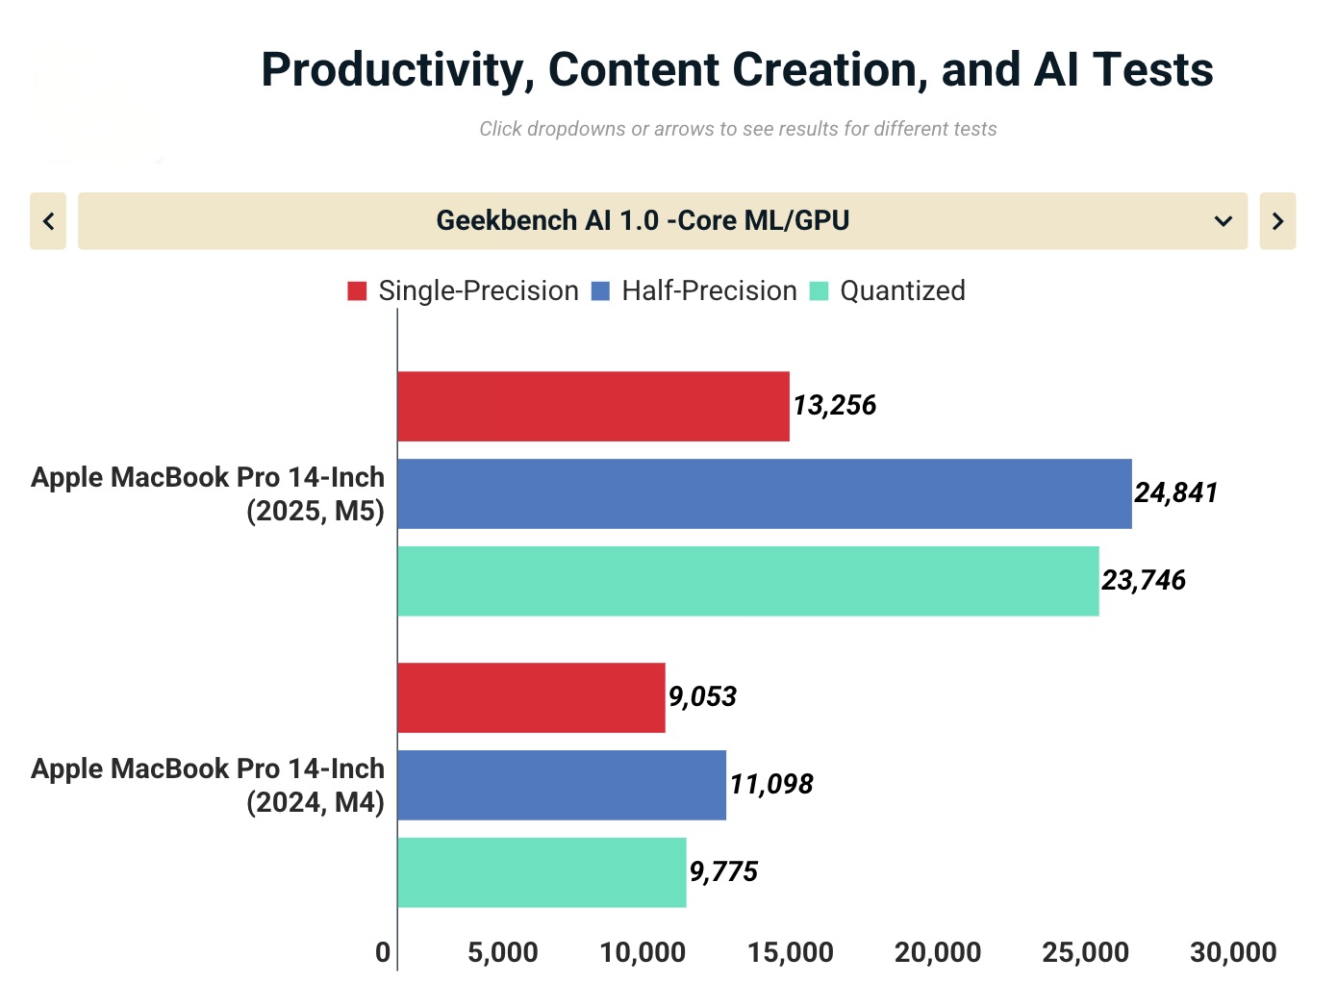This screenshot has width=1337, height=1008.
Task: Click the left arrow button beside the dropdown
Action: (48, 220)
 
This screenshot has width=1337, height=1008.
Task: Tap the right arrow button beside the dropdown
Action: (1277, 220)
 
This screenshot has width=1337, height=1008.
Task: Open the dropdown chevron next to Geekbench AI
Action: (1223, 221)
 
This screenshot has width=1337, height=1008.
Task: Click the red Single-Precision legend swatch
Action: (357, 290)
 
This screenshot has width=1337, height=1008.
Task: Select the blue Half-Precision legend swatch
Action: (600, 290)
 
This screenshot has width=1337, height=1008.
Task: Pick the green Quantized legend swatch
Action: (819, 290)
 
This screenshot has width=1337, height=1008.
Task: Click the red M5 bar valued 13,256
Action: (593, 406)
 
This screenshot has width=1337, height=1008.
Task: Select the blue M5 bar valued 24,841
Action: (765, 493)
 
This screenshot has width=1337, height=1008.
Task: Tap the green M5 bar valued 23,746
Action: (748, 581)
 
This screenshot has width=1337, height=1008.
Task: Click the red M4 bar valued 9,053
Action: (531, 697)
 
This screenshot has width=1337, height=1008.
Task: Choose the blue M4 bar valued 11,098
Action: (562, 785)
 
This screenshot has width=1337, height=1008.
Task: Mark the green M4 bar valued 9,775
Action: (542, 872)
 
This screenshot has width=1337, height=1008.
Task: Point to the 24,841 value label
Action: (1175, 492)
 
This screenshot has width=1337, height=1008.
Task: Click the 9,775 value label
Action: (723, 871)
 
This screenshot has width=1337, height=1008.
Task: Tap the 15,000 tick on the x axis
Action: (790, 952)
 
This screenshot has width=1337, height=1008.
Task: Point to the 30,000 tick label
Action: (1233, 952)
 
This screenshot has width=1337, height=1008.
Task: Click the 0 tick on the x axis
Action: (383, 952)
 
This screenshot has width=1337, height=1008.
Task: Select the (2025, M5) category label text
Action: (315, 511)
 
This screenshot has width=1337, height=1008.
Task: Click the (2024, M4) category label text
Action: (315, 802)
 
